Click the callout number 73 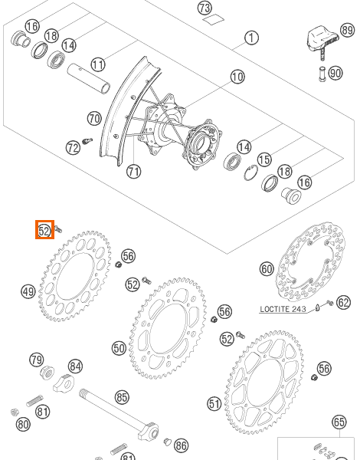[205, 8]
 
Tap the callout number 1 [251, 38]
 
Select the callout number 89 [348, 30]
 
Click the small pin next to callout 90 [322, 74]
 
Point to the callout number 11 [98, 64]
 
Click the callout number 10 [237, 77]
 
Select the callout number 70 [94, 119]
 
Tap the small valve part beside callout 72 [87, 141]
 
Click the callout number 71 [134, 172]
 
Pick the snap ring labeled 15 [251, 172]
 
